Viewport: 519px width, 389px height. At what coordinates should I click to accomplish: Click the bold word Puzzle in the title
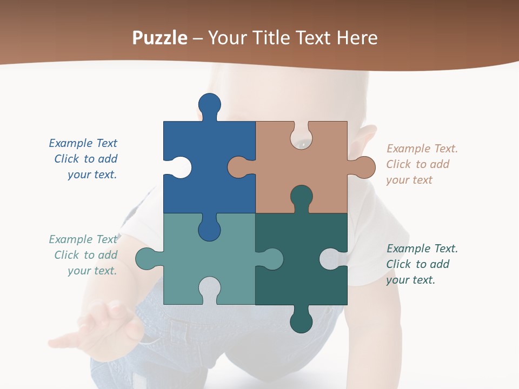[x=160, y=38]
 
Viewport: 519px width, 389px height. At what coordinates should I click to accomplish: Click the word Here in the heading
[x=357, y=38]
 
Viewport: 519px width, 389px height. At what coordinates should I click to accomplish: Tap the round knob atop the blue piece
[x=209, y=104]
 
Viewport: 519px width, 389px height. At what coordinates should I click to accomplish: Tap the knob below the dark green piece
[x=301, y=321]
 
